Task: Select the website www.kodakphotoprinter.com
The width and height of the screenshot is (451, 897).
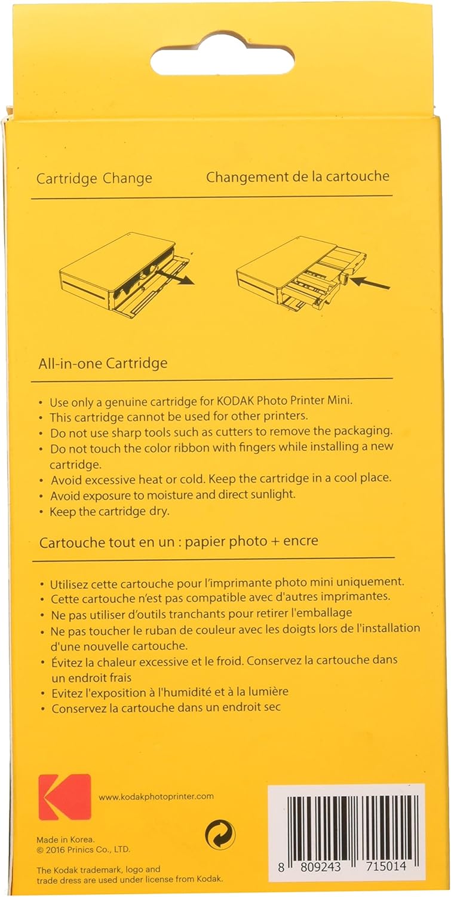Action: point(156,797)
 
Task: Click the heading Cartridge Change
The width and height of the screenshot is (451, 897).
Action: point(94,179)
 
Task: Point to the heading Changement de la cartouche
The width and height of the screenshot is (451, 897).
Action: point(297,176)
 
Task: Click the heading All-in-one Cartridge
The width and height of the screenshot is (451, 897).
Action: point(103,364)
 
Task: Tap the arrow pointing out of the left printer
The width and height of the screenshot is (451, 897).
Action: point(174,277)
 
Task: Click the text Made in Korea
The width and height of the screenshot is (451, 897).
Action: point(66,840)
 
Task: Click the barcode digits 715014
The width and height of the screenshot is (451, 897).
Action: point(386,866)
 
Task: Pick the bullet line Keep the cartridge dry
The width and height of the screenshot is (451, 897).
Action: point(109,511)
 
